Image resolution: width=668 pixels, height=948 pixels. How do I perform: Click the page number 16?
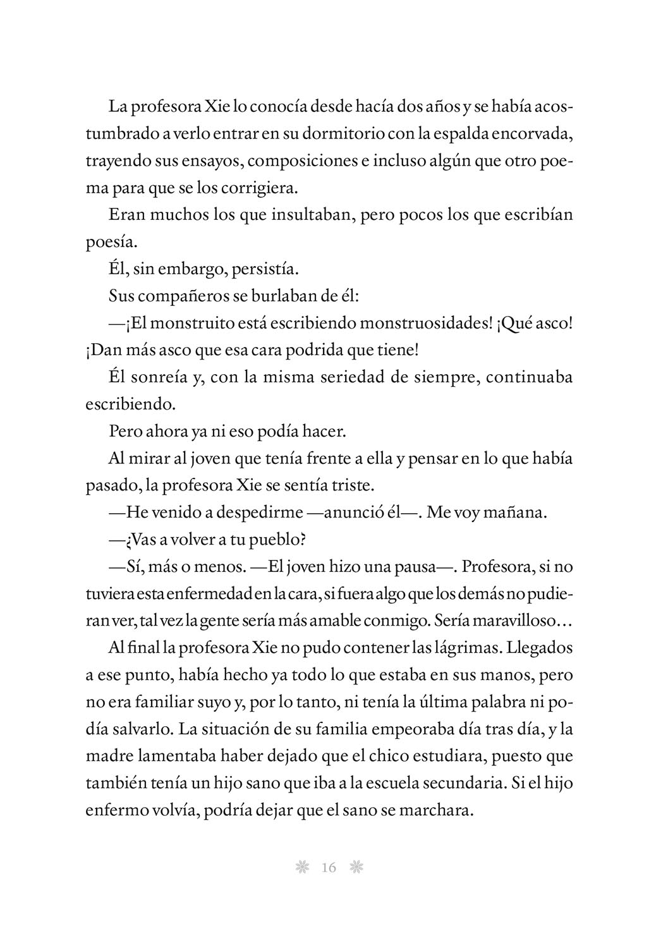pyautogui.click(x=329, y=868)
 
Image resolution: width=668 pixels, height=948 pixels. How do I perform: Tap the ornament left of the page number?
pyautogui.click(x=301, y=868)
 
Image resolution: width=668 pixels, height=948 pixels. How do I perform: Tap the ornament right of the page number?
pyautogui.click(x=356, y=868)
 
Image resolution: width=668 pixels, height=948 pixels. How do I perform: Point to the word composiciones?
pyautogui.click(x=301, y=161)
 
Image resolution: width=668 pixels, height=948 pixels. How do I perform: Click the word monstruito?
pyautogui.click(x=176, y=324)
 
